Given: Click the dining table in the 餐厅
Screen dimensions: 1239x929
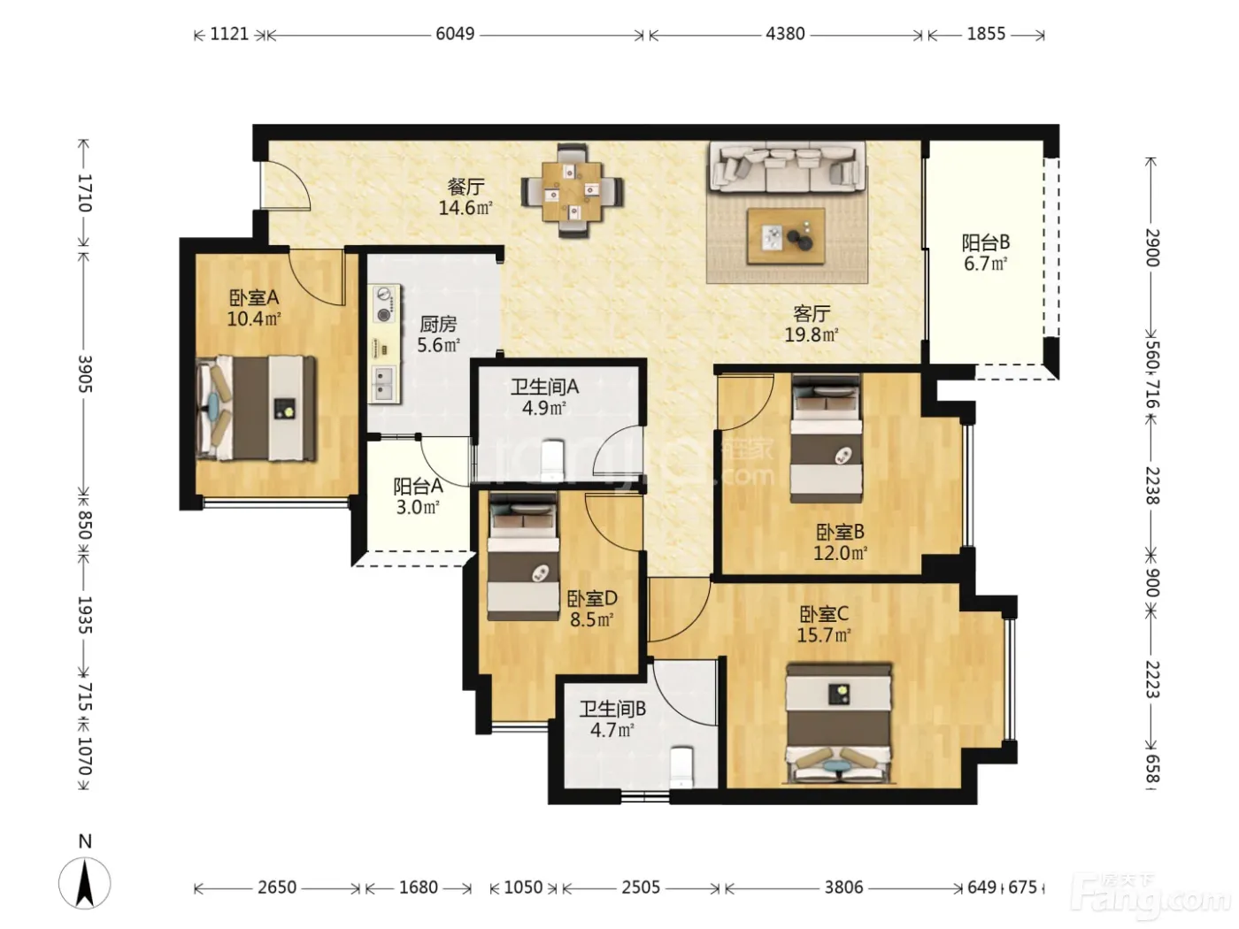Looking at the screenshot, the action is [572, 190].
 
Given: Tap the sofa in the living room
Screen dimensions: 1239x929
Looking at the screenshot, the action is [788, 166].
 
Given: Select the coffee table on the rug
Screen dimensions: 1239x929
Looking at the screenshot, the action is [786, 235].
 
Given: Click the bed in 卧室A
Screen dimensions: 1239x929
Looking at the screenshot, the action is [256, 409].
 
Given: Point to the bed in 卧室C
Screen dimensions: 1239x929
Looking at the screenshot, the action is [839, 724].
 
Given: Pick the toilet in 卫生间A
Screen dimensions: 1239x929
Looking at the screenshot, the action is [552, 460].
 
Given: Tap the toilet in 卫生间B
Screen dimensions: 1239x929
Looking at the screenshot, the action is [681, 767].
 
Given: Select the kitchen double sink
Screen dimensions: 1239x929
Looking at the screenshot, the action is [384, 383].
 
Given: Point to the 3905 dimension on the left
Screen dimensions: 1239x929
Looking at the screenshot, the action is [85, 374].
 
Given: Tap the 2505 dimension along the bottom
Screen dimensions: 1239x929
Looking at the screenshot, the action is [641, 887].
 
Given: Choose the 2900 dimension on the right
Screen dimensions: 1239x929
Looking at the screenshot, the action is [1152, 249].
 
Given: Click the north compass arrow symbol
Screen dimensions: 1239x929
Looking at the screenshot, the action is [85, 883].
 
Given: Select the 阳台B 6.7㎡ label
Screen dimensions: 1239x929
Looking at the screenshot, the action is [986, 253].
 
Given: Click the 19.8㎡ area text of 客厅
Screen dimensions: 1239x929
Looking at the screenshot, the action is [812, 335].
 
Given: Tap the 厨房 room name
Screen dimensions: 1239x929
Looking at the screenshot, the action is [438, 324].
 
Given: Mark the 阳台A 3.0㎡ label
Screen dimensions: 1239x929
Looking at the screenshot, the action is [418, 496].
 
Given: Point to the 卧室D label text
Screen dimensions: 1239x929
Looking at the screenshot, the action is [591, 598].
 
